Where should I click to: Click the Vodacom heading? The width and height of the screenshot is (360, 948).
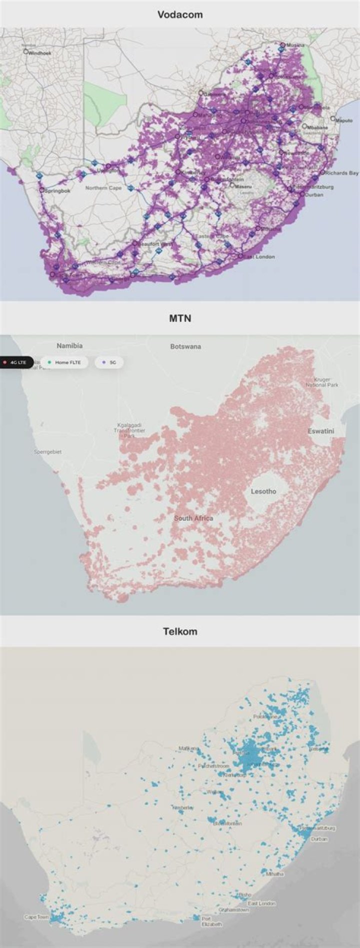click(x=180, y=15)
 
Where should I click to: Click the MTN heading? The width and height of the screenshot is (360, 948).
click(x=180, y=318)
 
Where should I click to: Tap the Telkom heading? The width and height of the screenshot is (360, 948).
click(x=180, y=631)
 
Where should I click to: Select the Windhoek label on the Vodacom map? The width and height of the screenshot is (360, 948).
click(x=39, y=52)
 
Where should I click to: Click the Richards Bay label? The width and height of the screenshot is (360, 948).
click(x=341, y=173)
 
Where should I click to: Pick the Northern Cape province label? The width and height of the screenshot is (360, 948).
click(x=103, y=188)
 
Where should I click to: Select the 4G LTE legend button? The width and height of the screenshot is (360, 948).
click(x=17, y=362)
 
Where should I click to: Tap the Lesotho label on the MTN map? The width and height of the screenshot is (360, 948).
click(x=263, y=491)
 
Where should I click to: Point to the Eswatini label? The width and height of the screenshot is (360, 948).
click(x=321, y=431)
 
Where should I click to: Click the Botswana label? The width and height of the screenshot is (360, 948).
click(x=185, y=346)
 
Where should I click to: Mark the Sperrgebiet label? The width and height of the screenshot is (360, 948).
click(x=47, y=452)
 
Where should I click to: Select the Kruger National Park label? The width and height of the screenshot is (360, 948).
click(x=322, y=382)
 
